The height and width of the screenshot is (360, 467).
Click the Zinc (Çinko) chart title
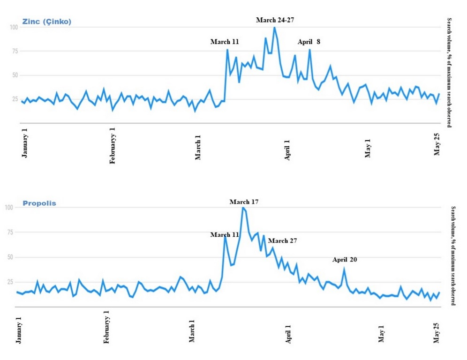pos(47,22)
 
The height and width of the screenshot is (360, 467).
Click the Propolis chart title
pos(39,203)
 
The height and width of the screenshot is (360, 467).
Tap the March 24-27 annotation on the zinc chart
pos(275,20)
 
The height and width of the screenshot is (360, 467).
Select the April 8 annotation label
pos(309,42)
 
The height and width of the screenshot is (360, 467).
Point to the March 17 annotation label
pos(244,202)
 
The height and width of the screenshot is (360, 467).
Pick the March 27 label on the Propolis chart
pos(282,240)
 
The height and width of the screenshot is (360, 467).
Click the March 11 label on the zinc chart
pos(225,42)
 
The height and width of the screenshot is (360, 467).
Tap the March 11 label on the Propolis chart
pos(225,234)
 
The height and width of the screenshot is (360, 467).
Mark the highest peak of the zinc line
pos(274,27)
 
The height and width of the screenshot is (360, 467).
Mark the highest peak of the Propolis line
pos(243,208)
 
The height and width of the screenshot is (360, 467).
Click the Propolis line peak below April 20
pos(344,269)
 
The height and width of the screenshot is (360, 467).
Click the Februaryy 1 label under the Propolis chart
pos(106,327)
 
